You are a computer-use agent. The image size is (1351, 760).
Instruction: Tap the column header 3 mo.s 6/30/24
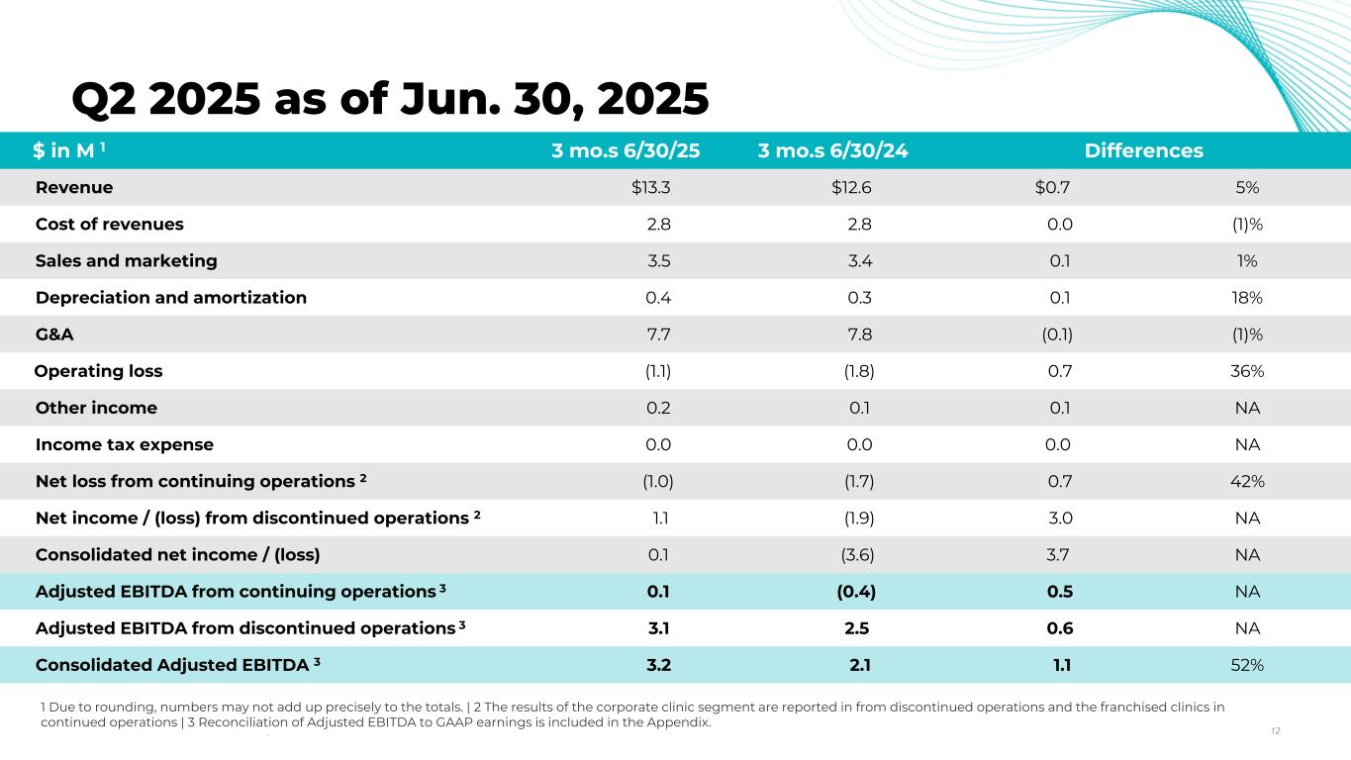pos(833,151)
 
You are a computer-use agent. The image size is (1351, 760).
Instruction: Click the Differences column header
pos(1143,151)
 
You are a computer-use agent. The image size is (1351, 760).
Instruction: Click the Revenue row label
pos(74,188)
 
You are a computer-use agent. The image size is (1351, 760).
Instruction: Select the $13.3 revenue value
pos(651,188)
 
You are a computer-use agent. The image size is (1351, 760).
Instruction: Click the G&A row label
pos(54,334)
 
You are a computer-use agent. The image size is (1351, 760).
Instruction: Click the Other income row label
pos(96,408)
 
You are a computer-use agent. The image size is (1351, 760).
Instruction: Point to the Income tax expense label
pos(124,444)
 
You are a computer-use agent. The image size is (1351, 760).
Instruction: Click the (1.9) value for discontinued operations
pos(857,518)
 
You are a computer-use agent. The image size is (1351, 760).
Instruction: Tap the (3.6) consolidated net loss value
pos(857,555)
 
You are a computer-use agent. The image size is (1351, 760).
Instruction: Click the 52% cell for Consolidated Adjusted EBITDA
pos(1247,665)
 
